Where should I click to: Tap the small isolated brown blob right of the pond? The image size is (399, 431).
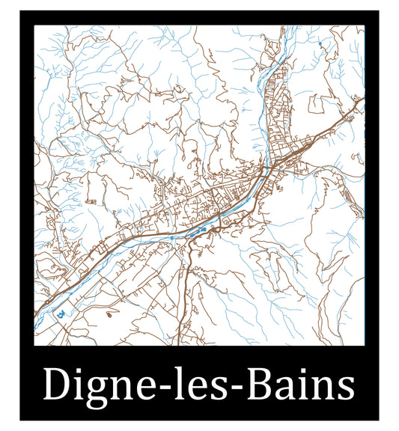(109, 314)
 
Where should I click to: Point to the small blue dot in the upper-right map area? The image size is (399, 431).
(320, 45)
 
